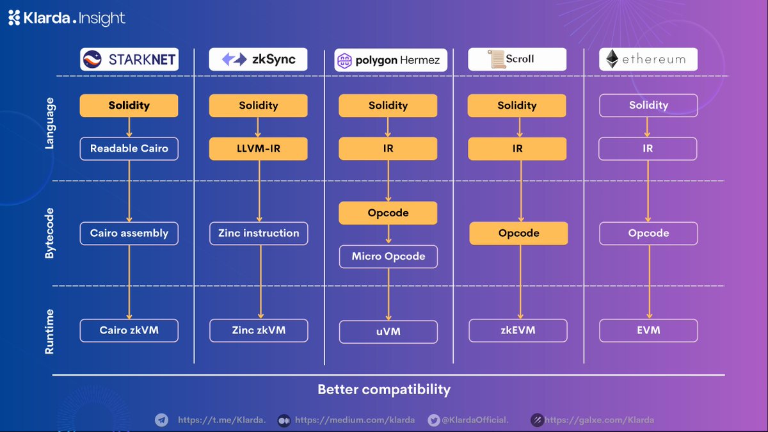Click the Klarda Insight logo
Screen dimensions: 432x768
click(67, 18)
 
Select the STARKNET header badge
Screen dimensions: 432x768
click(129, 60)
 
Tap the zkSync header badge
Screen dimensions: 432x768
click(258, 60)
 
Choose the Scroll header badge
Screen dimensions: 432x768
click(517, 60)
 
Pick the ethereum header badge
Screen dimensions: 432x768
click(648, 60)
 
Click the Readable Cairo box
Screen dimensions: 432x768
click(129, 148)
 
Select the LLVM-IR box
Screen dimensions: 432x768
click(258, 148)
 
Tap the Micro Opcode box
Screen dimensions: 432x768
click(388, 257)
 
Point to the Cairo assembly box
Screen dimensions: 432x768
click(129, 233)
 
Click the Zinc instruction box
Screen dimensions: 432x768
click(258, 233)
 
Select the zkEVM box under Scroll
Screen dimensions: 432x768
click(518, 331)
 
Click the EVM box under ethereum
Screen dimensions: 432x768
click(648, 331)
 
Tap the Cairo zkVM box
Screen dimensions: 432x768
click(129, 331)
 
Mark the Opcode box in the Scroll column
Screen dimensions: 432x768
click(518, 233)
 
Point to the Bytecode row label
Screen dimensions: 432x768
click(49, 233)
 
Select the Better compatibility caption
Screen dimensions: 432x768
click(384, 389)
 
